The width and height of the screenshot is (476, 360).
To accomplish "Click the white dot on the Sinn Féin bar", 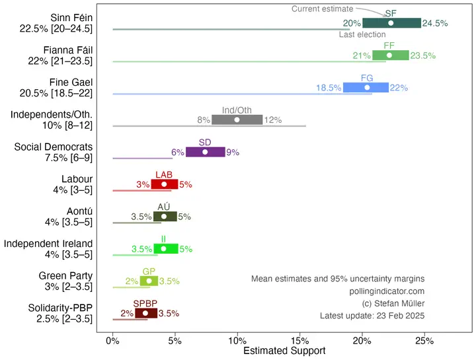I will (x=391, y=23).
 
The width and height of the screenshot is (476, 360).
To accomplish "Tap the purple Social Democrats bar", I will (x=206, y=152).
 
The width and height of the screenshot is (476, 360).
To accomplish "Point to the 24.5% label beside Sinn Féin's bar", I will (x=436, y=23).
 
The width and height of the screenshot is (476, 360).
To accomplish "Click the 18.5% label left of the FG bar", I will (x=329, y=88).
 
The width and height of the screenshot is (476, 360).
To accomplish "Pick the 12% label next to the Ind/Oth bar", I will (x=273, y=120).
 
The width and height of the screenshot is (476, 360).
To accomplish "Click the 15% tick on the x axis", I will (x=299, y=341).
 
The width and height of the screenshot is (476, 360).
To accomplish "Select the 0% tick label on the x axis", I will (x=113, y=341).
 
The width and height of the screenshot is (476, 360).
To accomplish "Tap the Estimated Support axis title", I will (x=284, y=351).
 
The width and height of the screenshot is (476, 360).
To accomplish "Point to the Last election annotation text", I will (x=362, y=34).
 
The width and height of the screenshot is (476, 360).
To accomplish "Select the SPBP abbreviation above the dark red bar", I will (x=145, y=303).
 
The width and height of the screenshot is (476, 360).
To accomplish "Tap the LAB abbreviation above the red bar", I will (x=165, y=174).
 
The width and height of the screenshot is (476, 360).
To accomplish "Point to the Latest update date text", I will (x=372, y=316).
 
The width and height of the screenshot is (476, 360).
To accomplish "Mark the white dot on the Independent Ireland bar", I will (x=163, y=249).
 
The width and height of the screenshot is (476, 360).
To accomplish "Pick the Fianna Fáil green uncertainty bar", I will (x=391, y=55).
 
